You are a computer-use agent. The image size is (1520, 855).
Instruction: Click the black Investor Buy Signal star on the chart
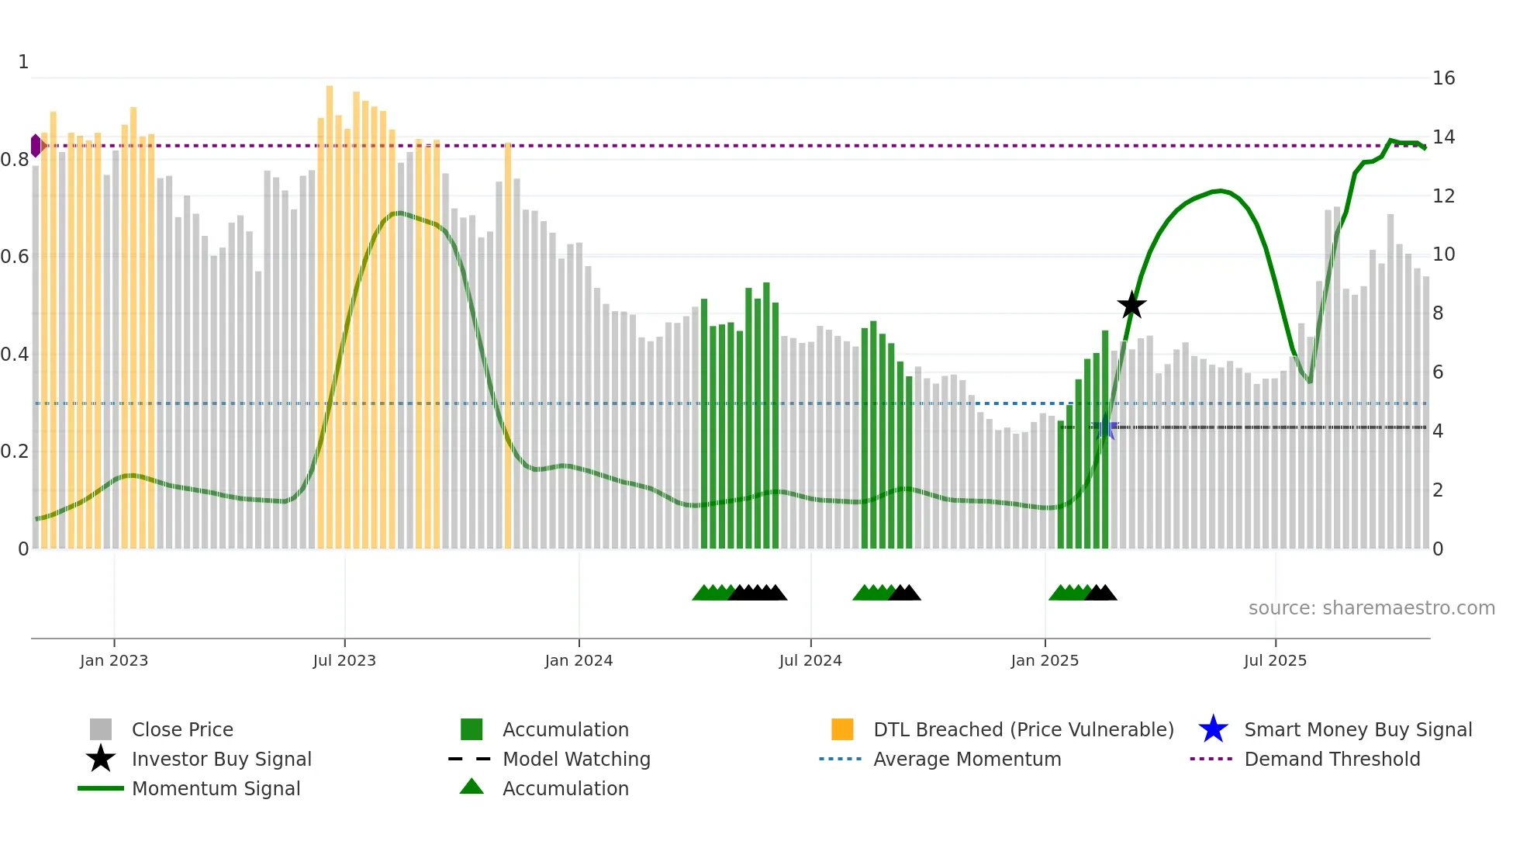click(1131, 305)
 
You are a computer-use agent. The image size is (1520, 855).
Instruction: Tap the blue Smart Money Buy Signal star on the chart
click(1105, 427)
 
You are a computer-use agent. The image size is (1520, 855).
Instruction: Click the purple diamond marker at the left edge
click(36, 145)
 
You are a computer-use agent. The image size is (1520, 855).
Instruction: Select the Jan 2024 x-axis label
click(579, 660)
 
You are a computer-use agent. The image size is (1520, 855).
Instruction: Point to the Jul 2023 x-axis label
click(344, 660)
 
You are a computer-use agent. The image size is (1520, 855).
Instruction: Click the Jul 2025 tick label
click(1275, 660)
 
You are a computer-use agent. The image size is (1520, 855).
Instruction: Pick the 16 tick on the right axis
click(1443, 78)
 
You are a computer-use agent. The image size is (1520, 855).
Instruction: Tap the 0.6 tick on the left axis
click(15, 256)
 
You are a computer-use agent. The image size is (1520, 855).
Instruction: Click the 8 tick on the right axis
click(1438, 313)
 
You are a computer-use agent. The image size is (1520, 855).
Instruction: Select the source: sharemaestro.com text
click(1371, 608)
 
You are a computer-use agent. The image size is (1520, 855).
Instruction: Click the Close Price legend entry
click(182, 729)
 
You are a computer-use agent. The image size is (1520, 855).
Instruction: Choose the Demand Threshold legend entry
click(1332, 759)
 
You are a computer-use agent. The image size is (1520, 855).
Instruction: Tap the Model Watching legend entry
click(576, 759)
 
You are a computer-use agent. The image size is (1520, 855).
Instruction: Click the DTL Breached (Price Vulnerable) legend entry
click(1023, 729)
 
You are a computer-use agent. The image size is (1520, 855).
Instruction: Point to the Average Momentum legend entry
click(967, 759)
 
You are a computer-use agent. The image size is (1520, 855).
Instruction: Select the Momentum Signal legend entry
click(216, 788)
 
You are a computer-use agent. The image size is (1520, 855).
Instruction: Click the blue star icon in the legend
click(1213, 729)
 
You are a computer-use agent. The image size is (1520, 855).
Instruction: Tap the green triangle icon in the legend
click(472, 787)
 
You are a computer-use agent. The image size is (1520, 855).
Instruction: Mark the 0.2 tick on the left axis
click(15, 451)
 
